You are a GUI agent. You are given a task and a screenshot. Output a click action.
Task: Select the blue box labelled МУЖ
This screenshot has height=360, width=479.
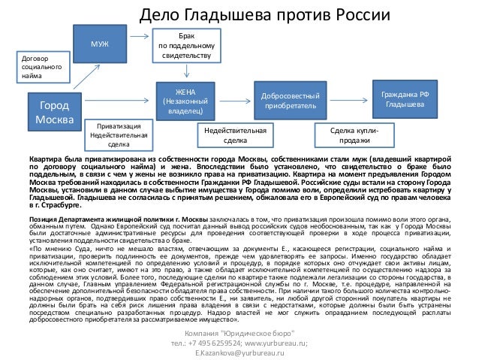(99, 45)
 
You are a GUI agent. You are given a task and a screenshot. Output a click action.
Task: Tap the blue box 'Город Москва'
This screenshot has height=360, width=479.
(57, 111)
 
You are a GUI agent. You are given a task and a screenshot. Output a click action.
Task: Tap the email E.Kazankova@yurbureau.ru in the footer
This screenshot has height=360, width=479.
(239, 352)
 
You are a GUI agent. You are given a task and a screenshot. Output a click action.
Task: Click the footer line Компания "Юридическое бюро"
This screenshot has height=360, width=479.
(239, 333)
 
